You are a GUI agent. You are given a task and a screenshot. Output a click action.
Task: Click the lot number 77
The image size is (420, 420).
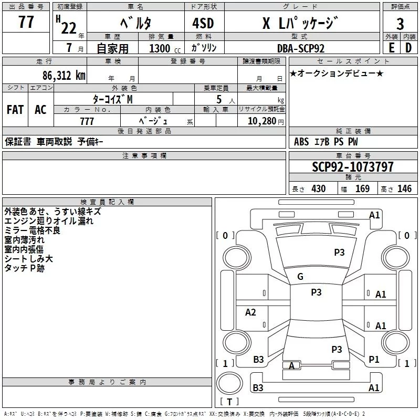point(26,22)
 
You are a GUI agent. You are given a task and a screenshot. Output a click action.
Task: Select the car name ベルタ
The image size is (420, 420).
point(135,24)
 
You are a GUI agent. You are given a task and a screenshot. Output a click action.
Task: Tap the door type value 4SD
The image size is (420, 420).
point(204,24)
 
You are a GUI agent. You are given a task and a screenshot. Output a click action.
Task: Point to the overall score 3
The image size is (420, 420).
point(400,24)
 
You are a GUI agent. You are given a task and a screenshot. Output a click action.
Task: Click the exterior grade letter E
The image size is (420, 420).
point(391,48)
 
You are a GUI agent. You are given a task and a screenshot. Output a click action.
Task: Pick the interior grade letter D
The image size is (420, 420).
point(409,48)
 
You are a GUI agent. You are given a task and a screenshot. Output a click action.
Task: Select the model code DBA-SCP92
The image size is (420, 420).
point(301,48)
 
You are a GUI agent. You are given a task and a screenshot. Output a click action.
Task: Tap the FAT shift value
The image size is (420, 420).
point(15,110)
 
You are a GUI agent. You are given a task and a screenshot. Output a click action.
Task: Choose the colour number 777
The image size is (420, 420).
point(87,121)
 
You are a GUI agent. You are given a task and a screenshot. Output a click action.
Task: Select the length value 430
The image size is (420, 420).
point(318,189)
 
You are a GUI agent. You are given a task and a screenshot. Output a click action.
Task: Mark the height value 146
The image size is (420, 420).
point(404,189)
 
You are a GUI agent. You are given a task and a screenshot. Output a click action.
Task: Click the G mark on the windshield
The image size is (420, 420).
point(300,277)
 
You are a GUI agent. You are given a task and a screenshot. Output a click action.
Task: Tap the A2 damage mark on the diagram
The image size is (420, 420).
point(251,312)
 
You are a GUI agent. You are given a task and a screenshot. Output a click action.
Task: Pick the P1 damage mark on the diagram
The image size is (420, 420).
point(374,359)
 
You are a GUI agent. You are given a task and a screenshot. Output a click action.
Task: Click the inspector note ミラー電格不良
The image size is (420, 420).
point(32,230)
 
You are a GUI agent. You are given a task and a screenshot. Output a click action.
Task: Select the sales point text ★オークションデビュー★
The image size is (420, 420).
point(336,73)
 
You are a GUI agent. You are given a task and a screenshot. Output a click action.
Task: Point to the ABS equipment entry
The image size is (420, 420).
point(301,142)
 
